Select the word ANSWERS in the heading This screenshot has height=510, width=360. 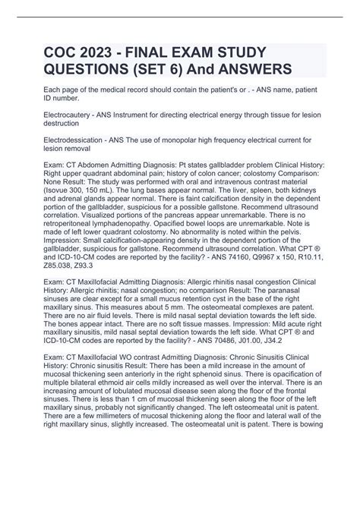pyautogui.click(x=257, y=73)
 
